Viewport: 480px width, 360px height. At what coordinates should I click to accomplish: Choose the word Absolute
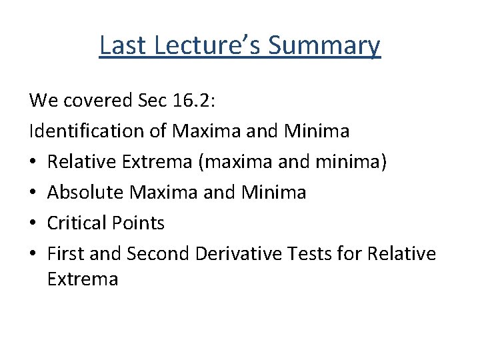click(x=87, y=193)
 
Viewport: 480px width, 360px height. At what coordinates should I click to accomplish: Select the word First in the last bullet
click(x=65, y=254)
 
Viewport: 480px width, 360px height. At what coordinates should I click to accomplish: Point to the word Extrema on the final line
click(x=83, y=279)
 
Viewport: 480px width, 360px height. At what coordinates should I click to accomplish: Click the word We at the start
click(x=43, y=100)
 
